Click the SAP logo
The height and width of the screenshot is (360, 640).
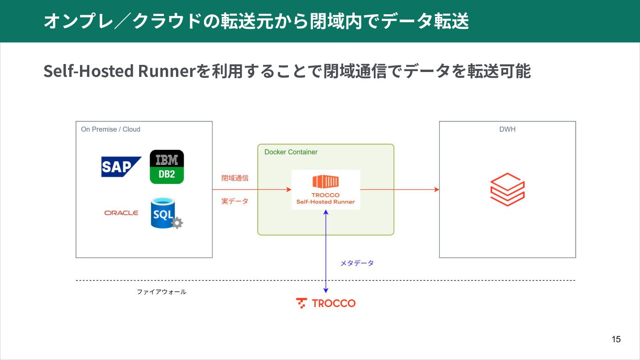121,167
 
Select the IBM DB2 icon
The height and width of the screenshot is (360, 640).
167,167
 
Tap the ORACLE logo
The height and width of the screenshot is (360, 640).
121,213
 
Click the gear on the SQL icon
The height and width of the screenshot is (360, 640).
177,223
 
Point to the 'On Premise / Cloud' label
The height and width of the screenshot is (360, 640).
111,129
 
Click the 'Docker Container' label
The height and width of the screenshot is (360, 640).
291,152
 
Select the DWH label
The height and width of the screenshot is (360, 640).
508,129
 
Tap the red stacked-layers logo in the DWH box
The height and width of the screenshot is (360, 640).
508,189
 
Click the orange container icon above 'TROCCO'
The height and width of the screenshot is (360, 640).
326,181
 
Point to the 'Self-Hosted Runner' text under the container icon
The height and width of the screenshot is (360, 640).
325,202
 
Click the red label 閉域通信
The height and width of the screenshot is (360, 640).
235,178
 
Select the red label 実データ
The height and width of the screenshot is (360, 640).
235,201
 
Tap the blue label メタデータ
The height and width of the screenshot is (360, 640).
357,263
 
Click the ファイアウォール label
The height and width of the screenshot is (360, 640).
161,292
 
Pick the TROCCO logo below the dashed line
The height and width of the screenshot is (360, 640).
326,303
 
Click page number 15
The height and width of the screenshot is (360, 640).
616,339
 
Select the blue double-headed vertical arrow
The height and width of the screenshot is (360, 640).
326,252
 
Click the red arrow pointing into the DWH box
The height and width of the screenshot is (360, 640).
400,189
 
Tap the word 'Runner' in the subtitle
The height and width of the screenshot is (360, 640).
167,71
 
